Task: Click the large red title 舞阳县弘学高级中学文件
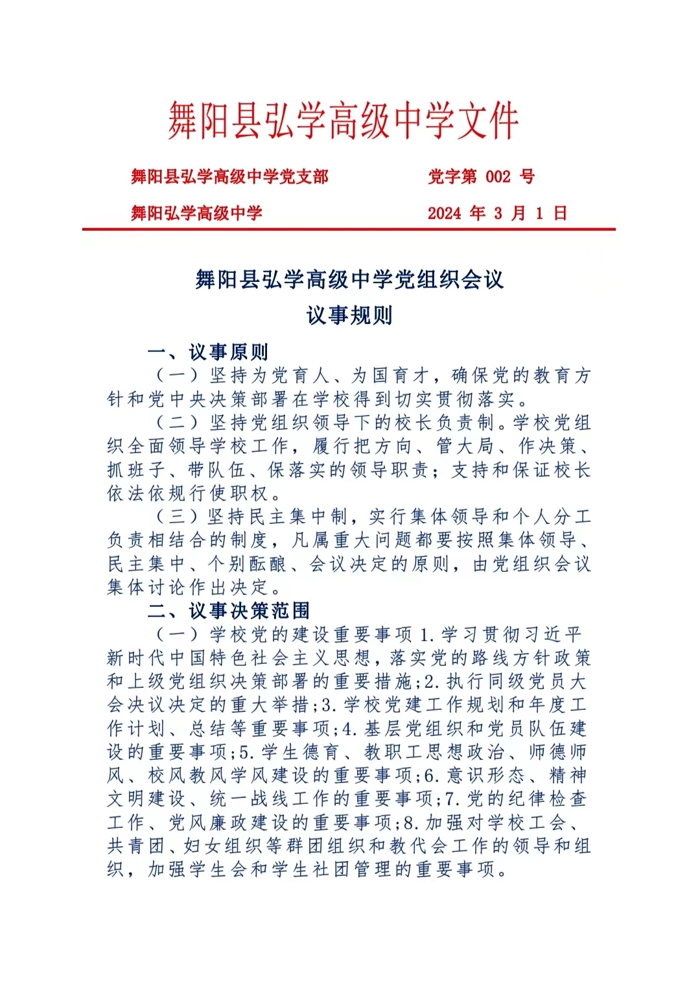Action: pos(344,121)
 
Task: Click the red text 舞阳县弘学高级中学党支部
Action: pos(229,176)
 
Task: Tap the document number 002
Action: pos(498,176)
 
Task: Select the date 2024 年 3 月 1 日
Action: pos(497,213)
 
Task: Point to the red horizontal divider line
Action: pos(349,229)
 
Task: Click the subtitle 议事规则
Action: pos(349,316)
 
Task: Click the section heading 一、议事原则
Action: pos(207,352)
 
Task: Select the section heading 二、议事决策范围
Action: pos(228,611)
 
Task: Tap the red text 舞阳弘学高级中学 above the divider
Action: pos(196,213)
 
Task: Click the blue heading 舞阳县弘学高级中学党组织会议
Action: pos(349,279)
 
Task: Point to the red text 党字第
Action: pos(452,176)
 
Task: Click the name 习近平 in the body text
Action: pos(550,634)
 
